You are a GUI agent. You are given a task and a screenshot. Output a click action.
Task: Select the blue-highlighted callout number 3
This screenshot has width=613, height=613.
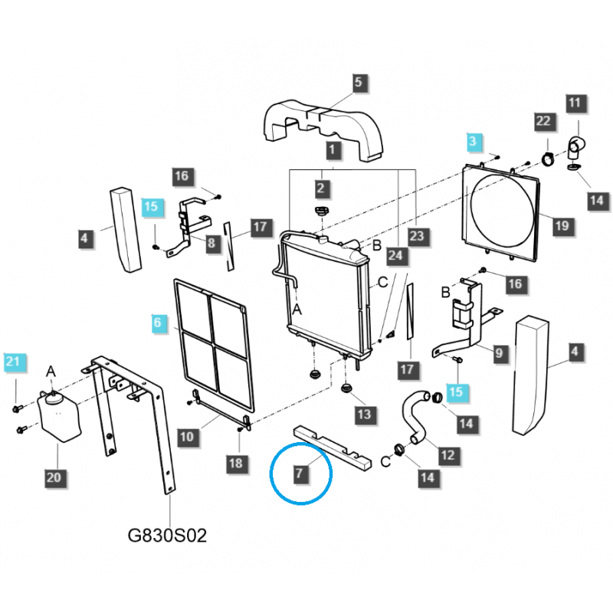[x=473, y=141]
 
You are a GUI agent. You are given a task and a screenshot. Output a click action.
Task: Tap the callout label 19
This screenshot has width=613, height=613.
[x=562, y=225]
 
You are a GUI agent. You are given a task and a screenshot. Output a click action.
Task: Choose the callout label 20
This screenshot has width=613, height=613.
[x=54, y=477]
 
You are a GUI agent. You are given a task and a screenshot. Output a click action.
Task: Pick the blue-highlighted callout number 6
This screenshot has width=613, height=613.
[x=157, y=323]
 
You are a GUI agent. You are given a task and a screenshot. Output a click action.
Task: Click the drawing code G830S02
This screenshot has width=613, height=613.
[x=167, y=534]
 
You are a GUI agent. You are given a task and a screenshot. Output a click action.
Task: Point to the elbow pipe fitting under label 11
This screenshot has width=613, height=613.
[x=577, y=146]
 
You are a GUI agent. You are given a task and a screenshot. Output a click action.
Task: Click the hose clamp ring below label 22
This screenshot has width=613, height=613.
[x=549, y=159]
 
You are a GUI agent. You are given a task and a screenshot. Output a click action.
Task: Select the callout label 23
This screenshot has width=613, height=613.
[x=416, y=237]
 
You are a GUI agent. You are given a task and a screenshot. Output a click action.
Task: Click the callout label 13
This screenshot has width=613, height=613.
[x=362, y=415]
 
